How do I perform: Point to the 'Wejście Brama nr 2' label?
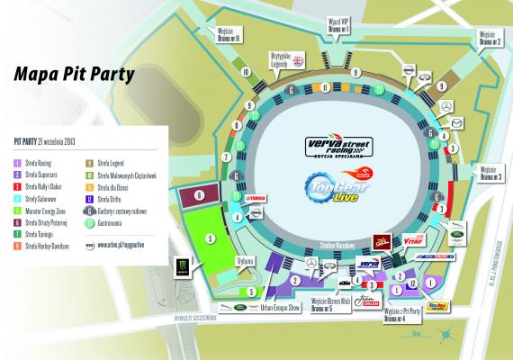pos(489,39)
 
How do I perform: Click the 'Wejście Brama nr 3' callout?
pos(490,173)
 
